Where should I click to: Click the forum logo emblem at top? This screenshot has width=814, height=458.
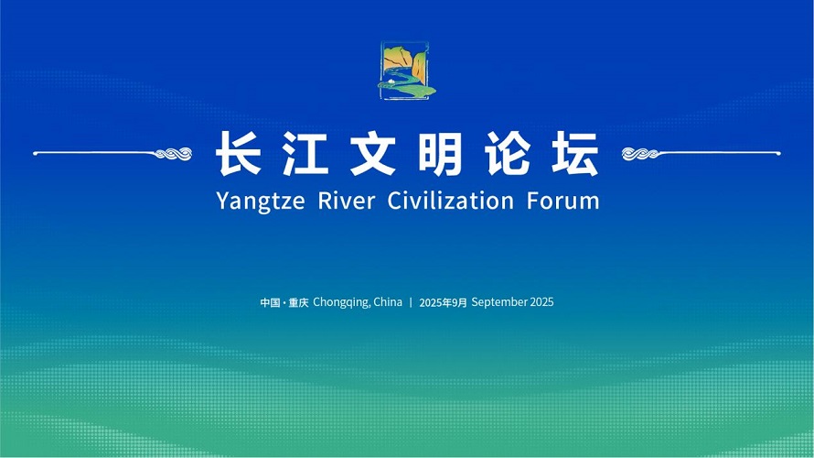406,71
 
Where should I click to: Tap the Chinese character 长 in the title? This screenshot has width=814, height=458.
239,153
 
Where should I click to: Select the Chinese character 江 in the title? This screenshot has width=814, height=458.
305,153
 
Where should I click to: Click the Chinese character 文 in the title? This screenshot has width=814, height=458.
373,153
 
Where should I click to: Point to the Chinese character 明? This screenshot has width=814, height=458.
440,153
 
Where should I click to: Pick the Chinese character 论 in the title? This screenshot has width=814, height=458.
508,153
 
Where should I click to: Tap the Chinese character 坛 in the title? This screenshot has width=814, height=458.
575,153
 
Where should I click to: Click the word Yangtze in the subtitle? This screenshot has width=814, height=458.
261,202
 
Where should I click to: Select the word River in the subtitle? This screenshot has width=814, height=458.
347,201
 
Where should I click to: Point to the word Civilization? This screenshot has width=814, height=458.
451,201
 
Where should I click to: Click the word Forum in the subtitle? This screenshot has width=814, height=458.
563,201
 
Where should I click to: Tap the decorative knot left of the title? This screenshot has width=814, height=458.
174,153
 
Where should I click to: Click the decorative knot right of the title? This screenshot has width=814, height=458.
640,153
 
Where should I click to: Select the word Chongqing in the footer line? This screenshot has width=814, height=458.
341,302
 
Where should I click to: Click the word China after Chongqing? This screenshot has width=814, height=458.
388,302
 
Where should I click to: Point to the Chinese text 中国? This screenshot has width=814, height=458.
271,302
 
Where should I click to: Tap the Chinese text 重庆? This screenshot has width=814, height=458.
298,302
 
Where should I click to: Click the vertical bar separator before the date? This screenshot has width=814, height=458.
411,302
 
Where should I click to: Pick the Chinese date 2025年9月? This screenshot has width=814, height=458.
444,302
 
